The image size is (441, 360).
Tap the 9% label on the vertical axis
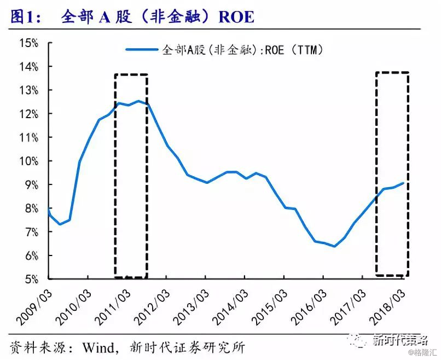32,185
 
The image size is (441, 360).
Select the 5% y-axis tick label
32,280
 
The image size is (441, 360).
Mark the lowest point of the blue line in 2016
334,246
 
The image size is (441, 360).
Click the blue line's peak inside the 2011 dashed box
138,101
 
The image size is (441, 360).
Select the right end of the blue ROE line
404,183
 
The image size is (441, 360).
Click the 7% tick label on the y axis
32,232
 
